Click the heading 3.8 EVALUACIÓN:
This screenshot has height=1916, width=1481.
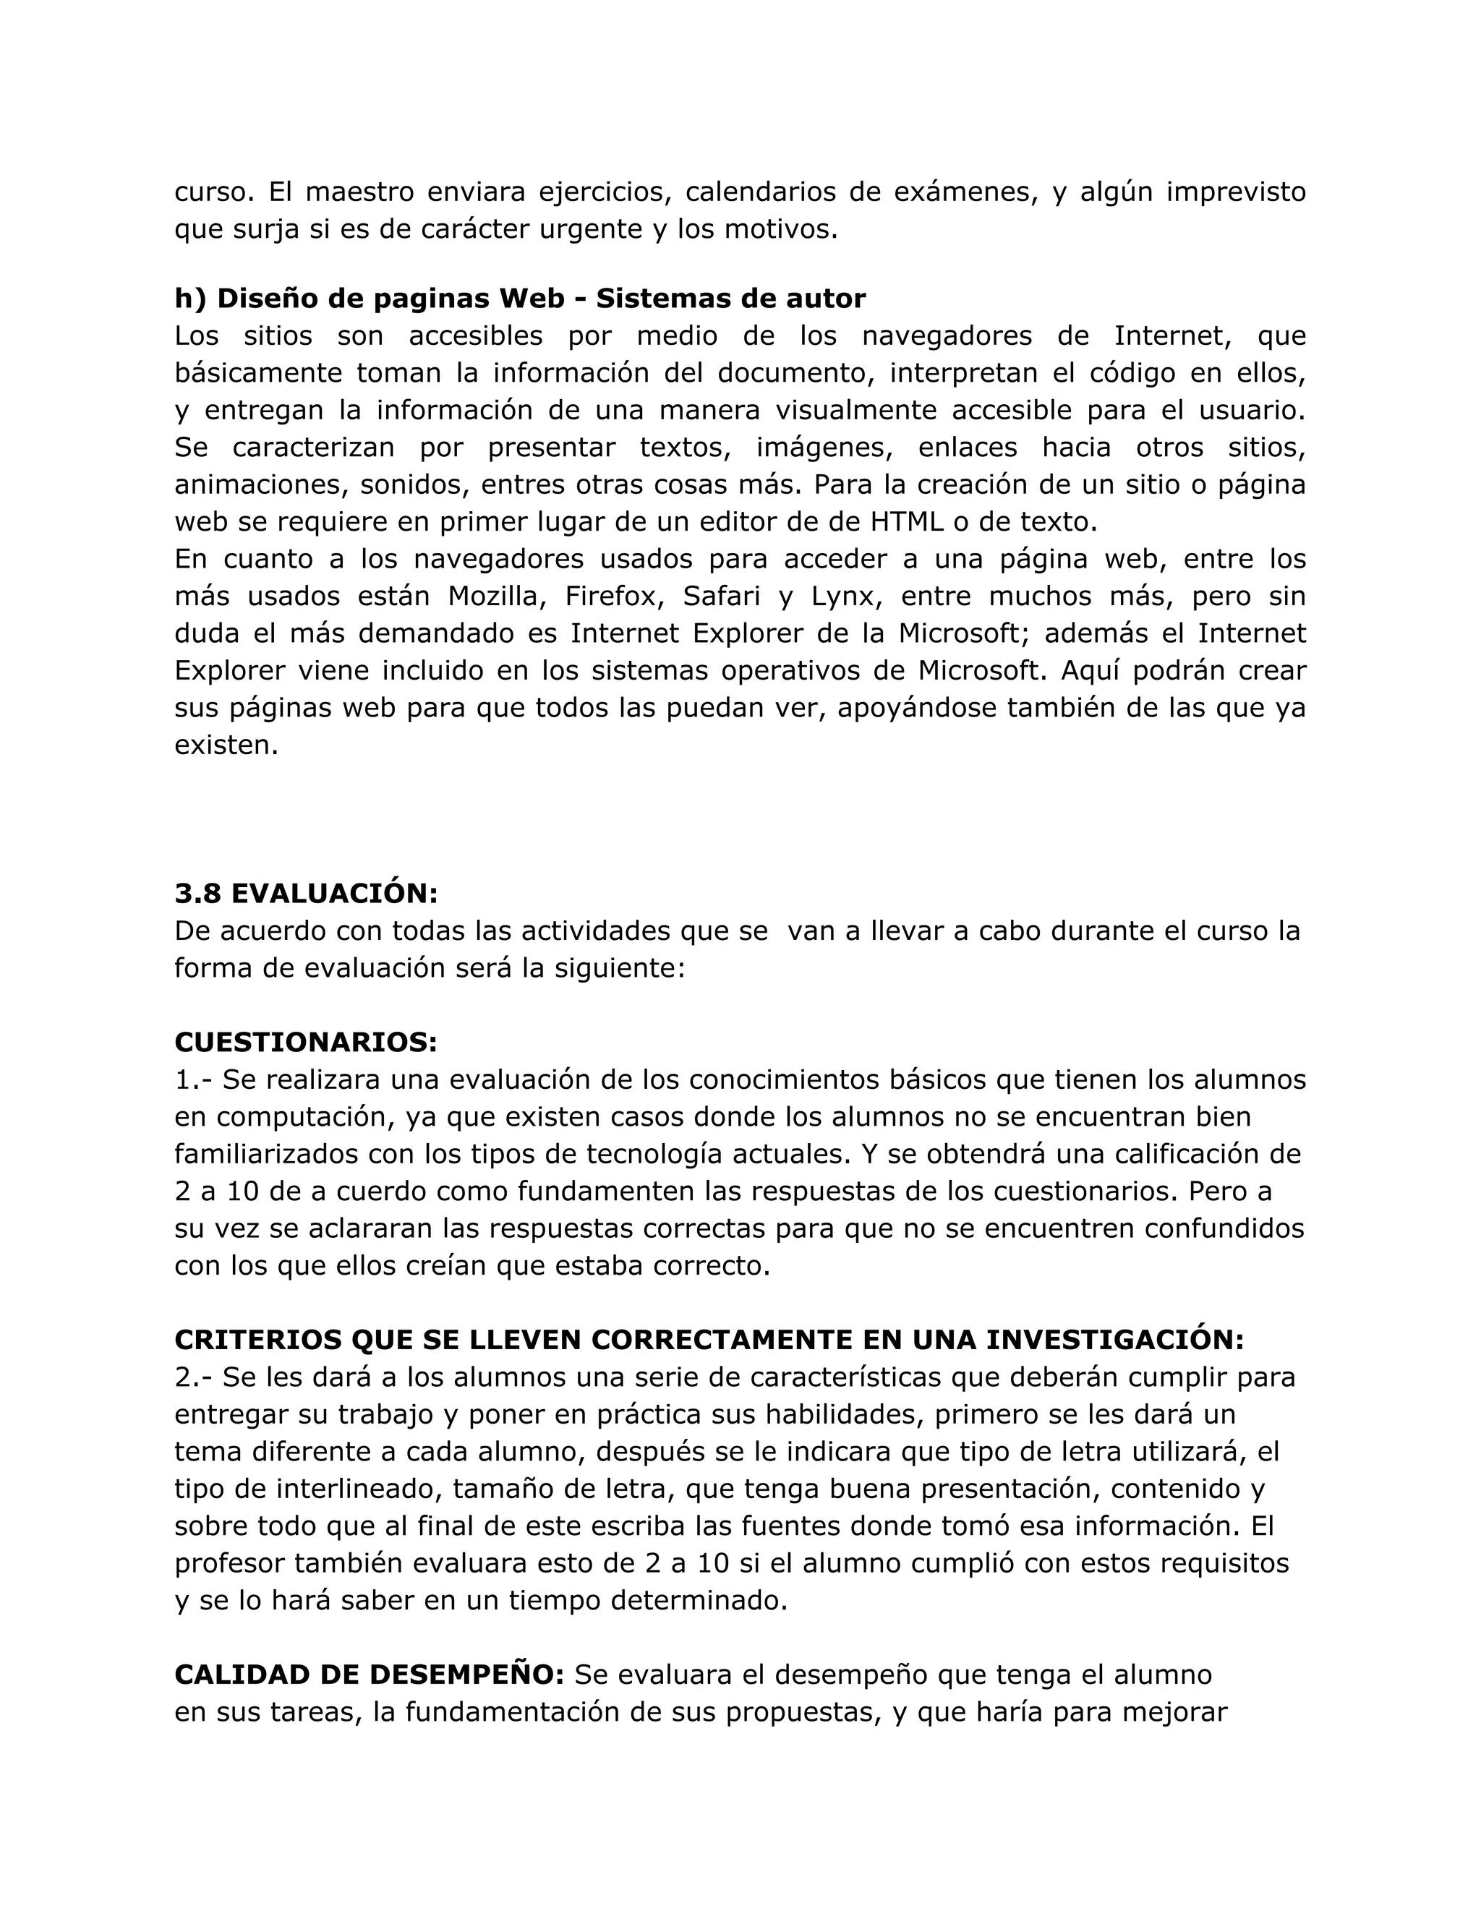(305, 893)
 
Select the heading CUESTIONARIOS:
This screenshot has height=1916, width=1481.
(305, 1042)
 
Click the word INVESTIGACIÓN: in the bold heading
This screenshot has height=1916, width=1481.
(1114, 1340)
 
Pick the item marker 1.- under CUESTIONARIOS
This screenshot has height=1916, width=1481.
(194, 1080)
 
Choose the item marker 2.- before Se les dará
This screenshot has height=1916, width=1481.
(194, 1377)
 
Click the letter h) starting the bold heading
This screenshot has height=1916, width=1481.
(189, 299)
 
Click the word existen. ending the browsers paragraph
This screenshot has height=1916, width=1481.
(226, 745)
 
